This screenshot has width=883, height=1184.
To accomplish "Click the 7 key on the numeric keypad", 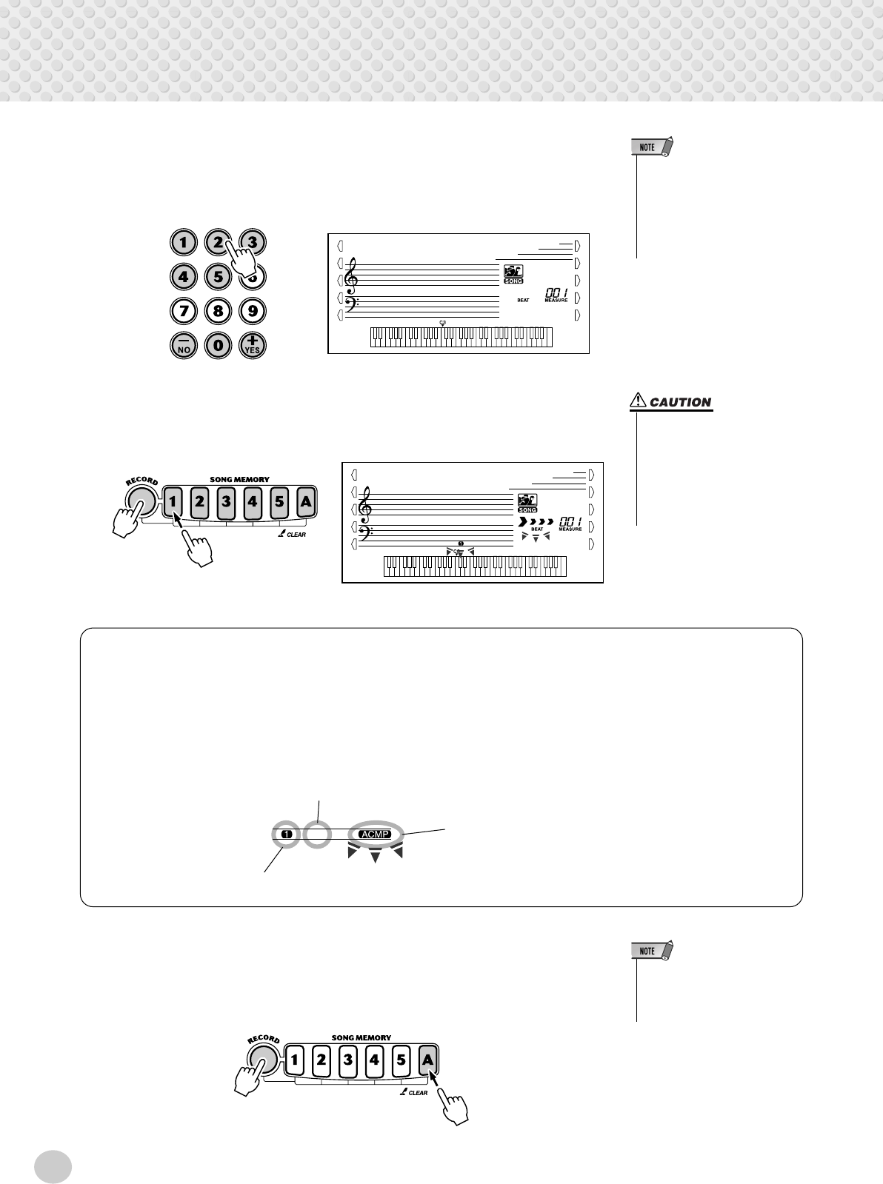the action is [182, 311].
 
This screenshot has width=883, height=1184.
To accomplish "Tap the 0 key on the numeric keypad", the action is [218, 345].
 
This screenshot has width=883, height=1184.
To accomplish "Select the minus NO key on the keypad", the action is [182, 345].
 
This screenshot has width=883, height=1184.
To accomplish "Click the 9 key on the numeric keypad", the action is [253, 311].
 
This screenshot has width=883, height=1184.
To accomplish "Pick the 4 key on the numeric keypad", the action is [182, 277].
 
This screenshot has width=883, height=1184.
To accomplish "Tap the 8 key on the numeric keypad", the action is [218, 311].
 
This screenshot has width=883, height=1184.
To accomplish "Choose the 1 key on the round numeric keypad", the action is [182, 242].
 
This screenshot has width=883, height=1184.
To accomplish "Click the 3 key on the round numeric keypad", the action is [253, 241].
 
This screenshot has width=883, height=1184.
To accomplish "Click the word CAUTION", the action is [680, 403].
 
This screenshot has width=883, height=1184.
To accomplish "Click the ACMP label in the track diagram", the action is [374, 834].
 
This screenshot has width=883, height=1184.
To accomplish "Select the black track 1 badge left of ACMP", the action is [287, 834].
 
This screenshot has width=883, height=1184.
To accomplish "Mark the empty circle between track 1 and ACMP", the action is [318, 835].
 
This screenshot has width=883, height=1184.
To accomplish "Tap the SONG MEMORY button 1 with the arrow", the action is [173, 502].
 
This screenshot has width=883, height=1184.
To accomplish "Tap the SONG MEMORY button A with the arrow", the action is [427, 1060].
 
